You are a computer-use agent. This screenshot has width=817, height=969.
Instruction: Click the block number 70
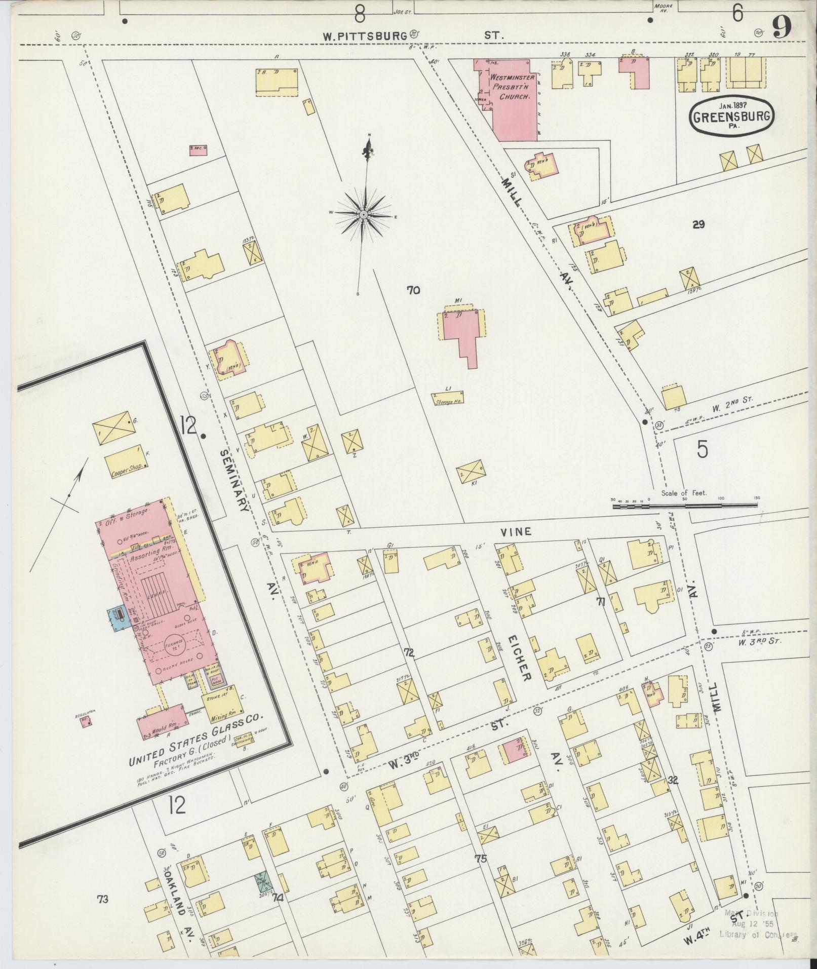point(413,290)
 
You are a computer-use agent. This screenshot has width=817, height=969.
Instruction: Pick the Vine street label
point(516,531)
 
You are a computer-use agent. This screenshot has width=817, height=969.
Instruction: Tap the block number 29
point(698,224)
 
